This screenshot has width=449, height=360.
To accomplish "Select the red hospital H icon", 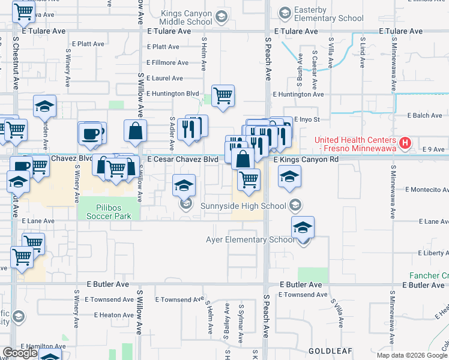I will coord(405,143).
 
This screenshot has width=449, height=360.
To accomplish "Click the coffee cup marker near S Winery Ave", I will coord(90,134).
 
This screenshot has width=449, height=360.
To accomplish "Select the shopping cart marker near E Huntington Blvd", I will coord(223,95).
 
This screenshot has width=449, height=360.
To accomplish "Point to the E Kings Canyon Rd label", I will coord(306,160).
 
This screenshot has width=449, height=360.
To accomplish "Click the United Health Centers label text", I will coord(358,143).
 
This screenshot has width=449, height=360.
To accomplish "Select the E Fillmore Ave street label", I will coord(167,62).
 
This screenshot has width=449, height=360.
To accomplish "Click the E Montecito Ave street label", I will coord(427,190).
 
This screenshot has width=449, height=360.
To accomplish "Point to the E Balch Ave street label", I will coord(424,115).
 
